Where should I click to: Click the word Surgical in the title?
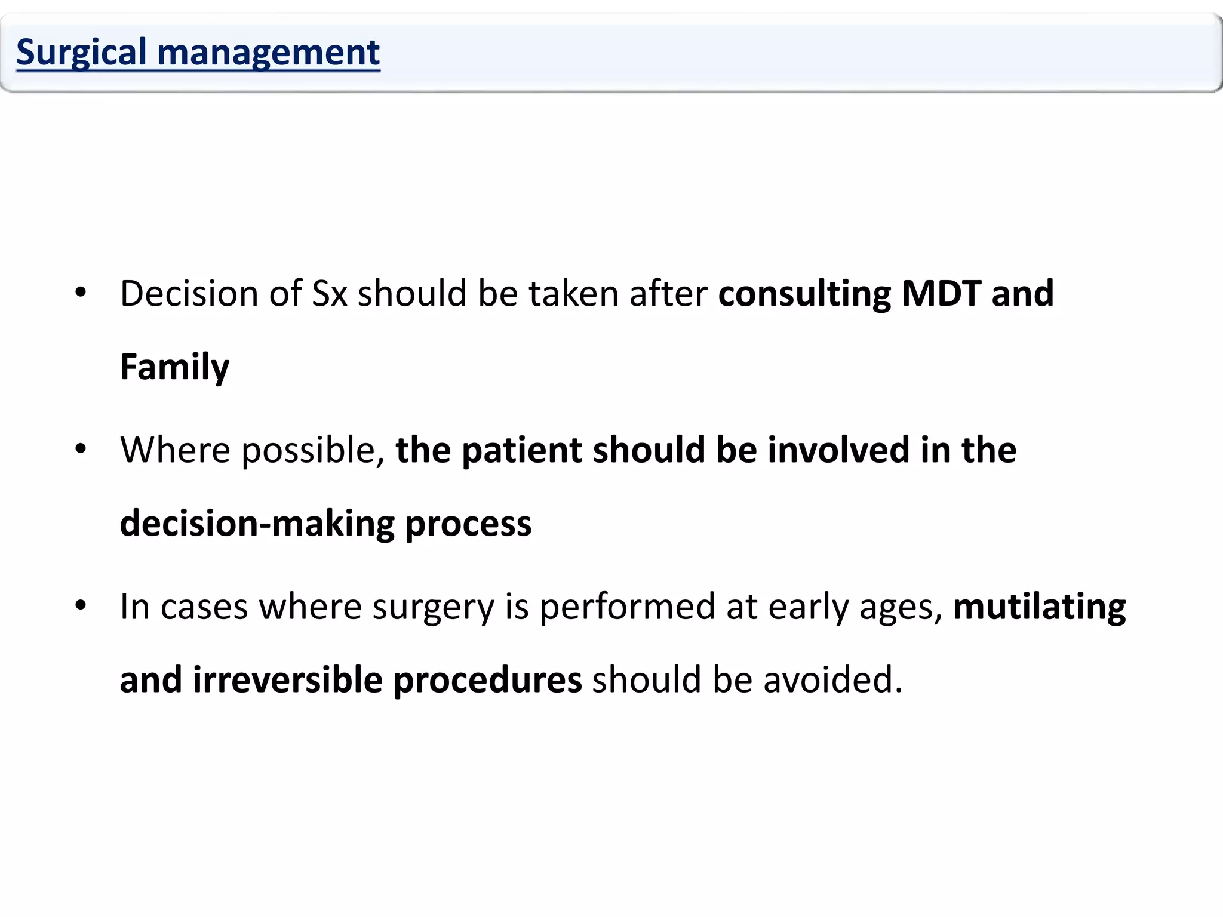pos(81,53)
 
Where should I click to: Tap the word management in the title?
pos(268,53)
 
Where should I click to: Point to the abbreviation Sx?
pos(330,294)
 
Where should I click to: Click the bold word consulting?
pos(804,294)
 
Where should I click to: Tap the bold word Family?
pos(174,367)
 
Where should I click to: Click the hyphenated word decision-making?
pos(257,524)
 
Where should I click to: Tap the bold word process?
pos(468,524)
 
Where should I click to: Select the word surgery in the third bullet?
pos(434,607)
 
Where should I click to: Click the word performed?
pos(627,607)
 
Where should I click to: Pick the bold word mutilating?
pos(1039,607)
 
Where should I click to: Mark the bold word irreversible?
pos(287,680)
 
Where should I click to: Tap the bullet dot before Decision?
pos(81,293)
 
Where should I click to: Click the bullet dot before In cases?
pos(81,606)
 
